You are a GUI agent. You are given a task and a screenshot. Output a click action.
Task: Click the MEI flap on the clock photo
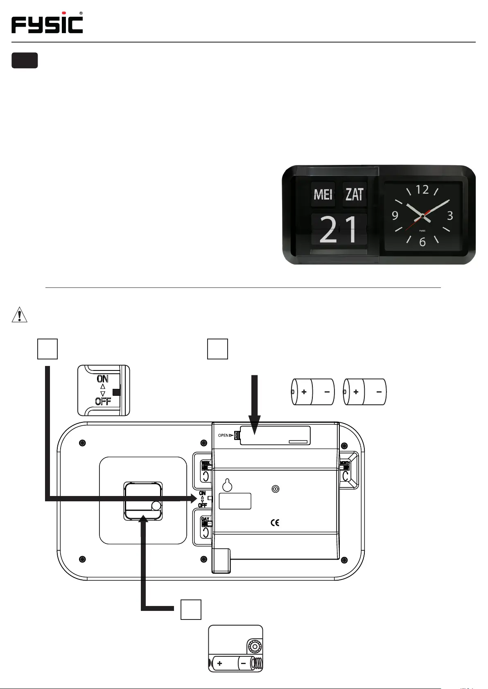click(323, 194)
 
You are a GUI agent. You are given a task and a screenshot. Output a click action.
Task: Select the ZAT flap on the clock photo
click(355, 194)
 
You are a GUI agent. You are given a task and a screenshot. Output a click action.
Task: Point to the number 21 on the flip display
click(339, 230)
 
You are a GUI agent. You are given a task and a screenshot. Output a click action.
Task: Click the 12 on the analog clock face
click(422, 190)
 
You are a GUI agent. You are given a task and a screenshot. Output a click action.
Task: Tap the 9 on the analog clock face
click(395, 215)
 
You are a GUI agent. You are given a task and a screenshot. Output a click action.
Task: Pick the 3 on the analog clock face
click(450, 215)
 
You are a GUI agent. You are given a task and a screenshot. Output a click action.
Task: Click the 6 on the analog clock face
click(422, 242)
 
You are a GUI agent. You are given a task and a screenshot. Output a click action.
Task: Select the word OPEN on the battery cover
click(223, 435)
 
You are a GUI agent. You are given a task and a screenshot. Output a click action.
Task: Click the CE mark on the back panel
click(275, 523)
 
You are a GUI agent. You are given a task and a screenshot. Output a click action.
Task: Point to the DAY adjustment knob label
click(205, 519)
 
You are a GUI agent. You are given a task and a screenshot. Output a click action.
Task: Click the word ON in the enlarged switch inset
click(102, 379)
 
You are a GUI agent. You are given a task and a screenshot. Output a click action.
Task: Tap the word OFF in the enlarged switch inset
click(103, 401)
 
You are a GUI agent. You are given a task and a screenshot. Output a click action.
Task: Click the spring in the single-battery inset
click(256, 663)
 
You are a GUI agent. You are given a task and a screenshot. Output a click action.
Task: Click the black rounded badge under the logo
click(25, 60)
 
